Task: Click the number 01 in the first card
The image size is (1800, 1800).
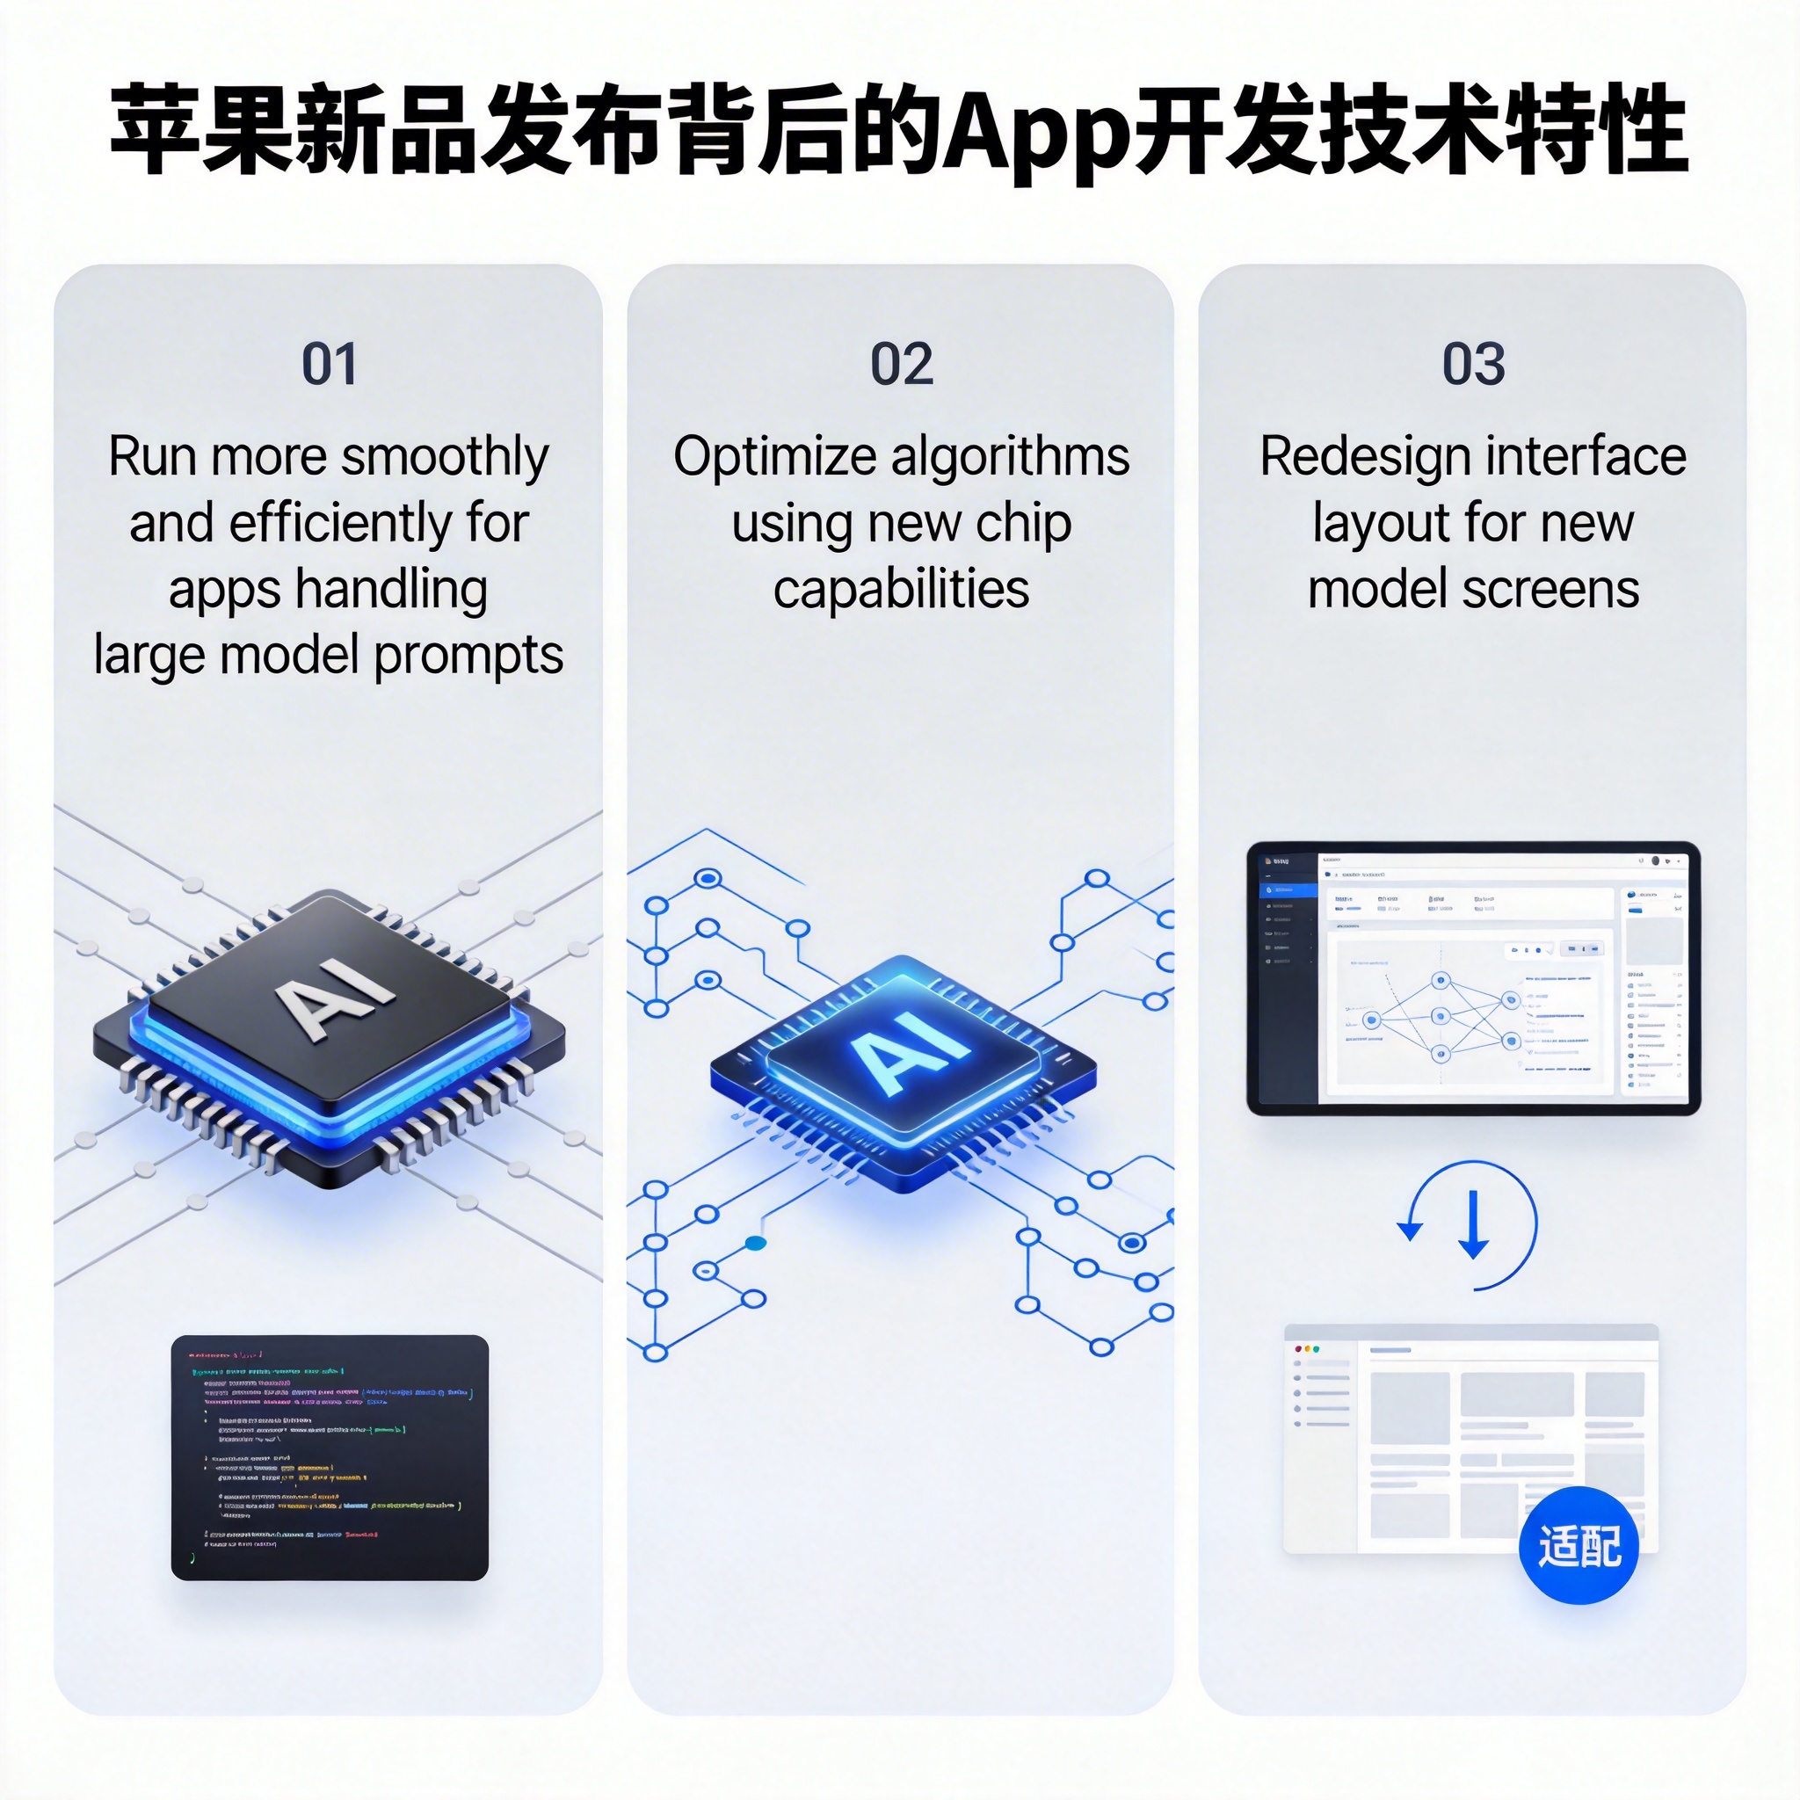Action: pos(329,364)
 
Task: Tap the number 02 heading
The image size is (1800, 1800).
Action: pos(901,364)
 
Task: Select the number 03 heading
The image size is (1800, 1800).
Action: pos(1473,364)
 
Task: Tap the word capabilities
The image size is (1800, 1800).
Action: pos(901,590)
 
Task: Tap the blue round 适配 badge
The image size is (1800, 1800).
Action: pos(1579,1546)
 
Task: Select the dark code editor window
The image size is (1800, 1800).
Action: pos(330,1457)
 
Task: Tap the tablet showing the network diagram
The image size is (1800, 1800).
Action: pos(1473,978)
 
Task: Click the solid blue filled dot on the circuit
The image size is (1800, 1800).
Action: pos(756,1243)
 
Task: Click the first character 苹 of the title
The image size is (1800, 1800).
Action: pos(155,130)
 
